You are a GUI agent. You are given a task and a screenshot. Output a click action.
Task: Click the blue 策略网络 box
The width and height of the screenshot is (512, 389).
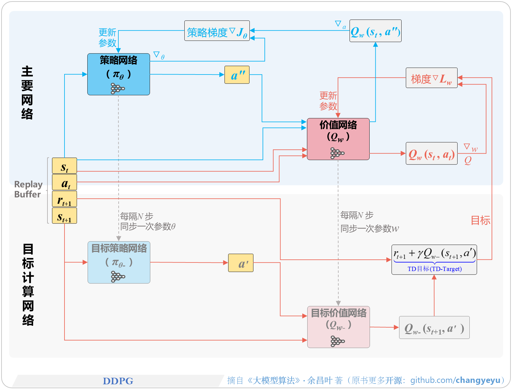pyautogui.click(x=118, y=74)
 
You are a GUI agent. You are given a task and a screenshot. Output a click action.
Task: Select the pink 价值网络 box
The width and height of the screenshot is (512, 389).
pyautogui.click(x=338, y=139)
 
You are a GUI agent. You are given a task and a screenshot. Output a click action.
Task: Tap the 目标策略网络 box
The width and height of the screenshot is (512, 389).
pyautogui.click(x=119, y=262)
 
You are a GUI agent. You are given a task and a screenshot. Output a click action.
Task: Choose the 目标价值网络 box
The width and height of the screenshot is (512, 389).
pyautogui.click(x=338, y=327)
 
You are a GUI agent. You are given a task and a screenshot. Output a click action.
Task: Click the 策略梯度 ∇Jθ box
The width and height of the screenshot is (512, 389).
pyautogui.click(x=217, y=31)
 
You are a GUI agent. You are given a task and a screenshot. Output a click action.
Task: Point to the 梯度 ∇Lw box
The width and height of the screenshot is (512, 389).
pyautogui.click(x=431, y=78)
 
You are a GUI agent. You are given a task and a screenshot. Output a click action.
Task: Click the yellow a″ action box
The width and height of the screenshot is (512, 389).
pyautogui.click(x=237, y=75)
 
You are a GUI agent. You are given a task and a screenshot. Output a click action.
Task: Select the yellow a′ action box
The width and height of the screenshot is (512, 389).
pyautogui.click(x=240, y=263)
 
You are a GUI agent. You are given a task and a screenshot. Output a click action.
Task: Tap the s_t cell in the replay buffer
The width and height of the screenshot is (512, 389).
pyautogui.click(x=64, y=166)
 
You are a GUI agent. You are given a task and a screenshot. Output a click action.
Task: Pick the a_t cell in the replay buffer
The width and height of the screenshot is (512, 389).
pyautogui.click(x=64, y=182)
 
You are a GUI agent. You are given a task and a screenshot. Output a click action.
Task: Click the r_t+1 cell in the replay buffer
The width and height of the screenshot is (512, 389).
pyautogui.click(x=64, y=199)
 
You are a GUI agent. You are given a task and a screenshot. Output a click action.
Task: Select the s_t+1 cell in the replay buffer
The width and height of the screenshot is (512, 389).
pyautogui.click(x=64, y=216)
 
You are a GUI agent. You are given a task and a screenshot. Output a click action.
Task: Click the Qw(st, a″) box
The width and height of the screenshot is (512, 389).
pyautogui.click(x=375, y=31)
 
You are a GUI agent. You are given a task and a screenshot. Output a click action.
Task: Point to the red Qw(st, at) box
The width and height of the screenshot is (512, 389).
pyautogui.click(x=431, y=154)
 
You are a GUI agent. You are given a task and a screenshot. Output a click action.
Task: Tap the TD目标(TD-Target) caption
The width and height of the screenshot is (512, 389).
pyautogui.click(x=434, y=269)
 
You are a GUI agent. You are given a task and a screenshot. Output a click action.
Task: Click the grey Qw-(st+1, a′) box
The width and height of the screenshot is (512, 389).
pyautogui.click(x=434, y=328)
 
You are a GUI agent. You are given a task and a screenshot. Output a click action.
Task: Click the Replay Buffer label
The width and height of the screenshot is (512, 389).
pyautogui.click(x=28, y=189)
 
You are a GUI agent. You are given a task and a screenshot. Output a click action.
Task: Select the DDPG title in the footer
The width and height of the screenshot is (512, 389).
pyautogui.click(x=118, y=381)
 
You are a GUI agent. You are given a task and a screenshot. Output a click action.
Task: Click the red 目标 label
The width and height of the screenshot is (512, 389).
pyautogui.click(x=480, y=220)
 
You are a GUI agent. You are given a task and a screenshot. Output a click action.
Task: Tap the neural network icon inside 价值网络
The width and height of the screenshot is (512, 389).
pyautogui.click(x=337, y=153)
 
